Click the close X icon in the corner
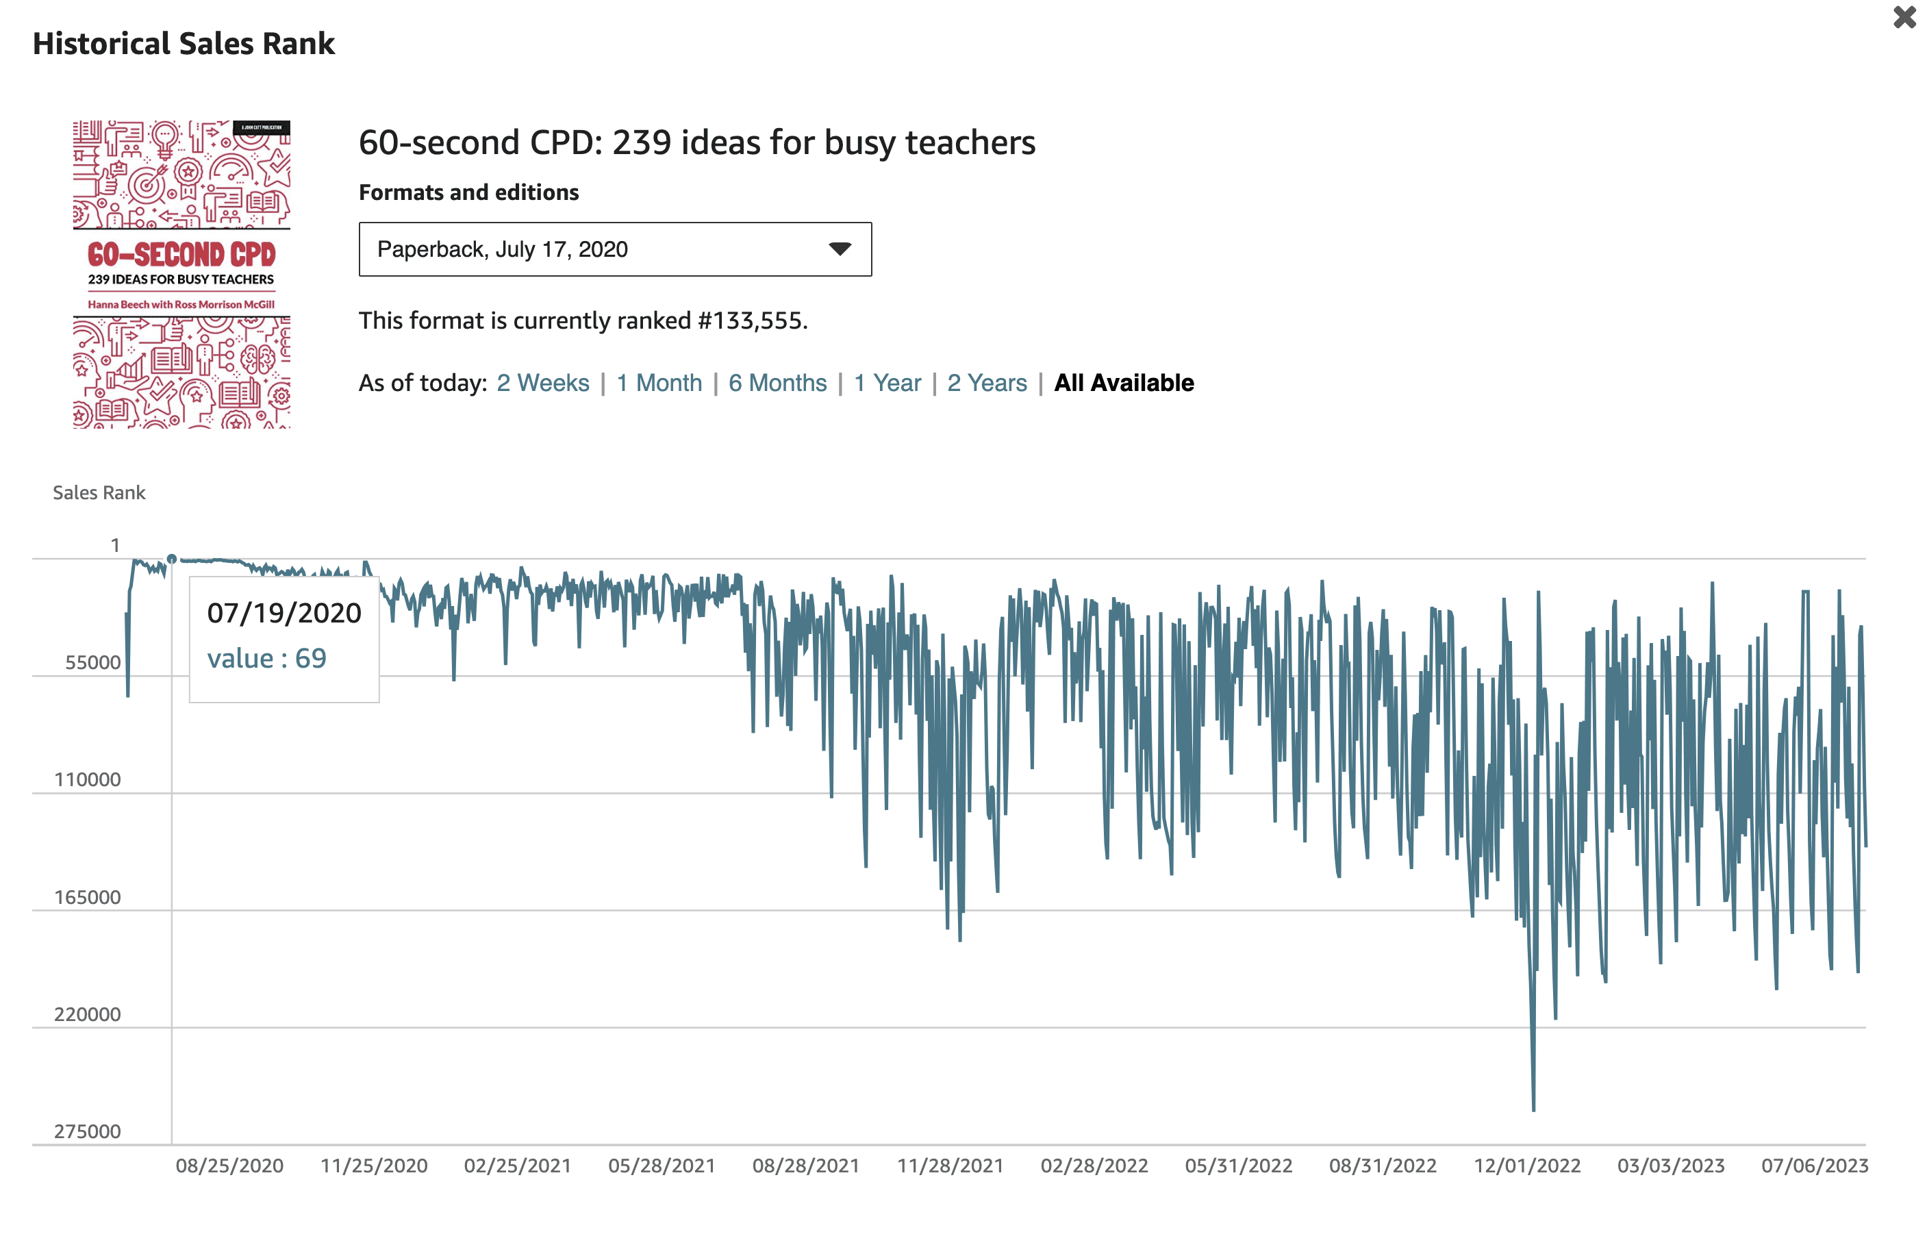pyautogui.click(x=1904, y=18)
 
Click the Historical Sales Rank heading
pyautogui.click(x=184, y=44)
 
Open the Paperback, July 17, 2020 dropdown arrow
pyautogui.click(x=839, y=249)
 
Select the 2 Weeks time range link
pyautogui.click(x=542, y=383)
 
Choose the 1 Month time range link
pyautogui.click(x=659, y=383)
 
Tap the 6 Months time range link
pyautogui.click(x=777, y=383)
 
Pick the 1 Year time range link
pyautogui.click(x=887, y=383)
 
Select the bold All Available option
pyautogui.click(x=1123, y=383)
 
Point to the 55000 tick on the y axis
pyautogui.click(x=93, y=663)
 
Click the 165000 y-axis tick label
pyautogui.click(x=88, y=898)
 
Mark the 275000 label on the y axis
pyautogui.click(x=88, y=1131)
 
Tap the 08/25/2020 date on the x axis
pyautogui.click(x=230, y=1166)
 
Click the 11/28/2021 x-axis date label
pyautogui.click(x=950, y=1166)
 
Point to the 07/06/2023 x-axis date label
pyautogui.click(x=1814, y=1166)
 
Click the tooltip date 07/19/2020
pyautogui.click(x=284, y=613)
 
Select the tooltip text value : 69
pyautogui.click(x=267, y=659)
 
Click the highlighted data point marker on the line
pyautogui.click(x=171, y=559)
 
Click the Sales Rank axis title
pyautogui.click(x=99, y=493)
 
